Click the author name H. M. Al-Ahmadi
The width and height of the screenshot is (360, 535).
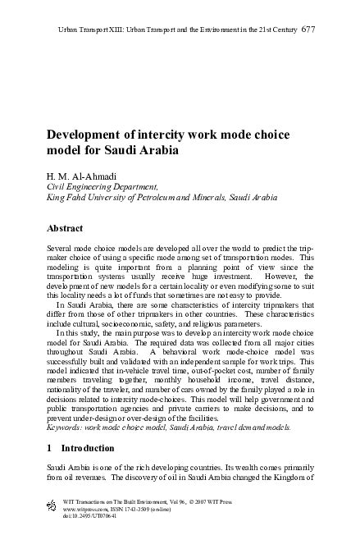(79, 176)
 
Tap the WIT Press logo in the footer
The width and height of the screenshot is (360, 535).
(52, 501)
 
